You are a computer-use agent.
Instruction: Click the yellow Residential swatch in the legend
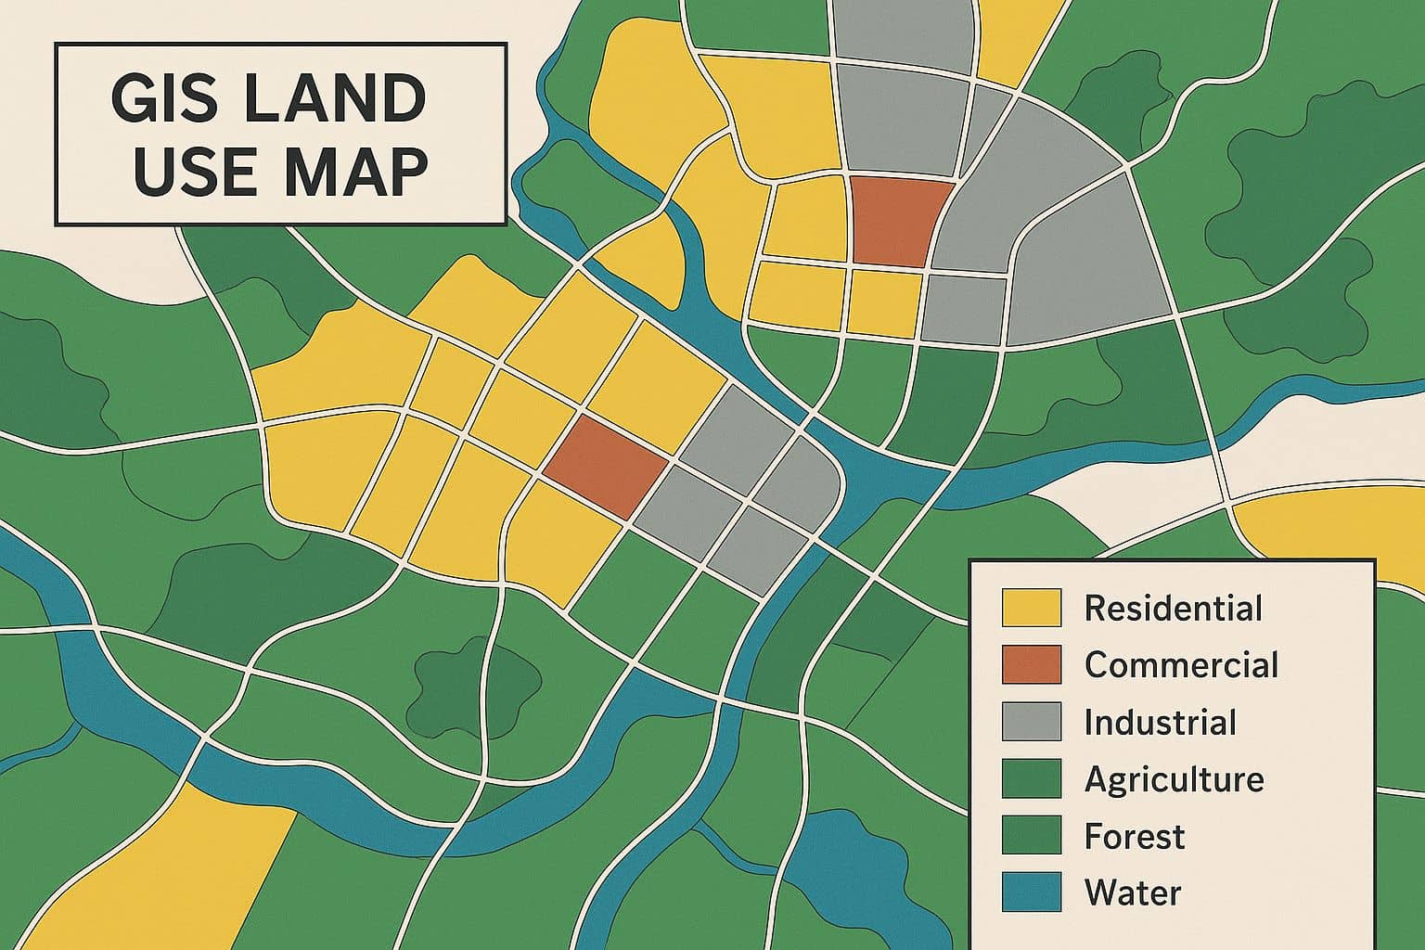[x=1031, y=609]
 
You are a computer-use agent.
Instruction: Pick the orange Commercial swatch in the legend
[x=1031, y=665]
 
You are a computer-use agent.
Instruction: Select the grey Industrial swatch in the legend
[x=1031, y=723]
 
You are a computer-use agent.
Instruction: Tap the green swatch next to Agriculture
[x=1031, y=779]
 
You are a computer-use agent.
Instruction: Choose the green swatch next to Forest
[x=1031, y=836]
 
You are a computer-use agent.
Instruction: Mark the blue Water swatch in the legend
[x=1031, y=893]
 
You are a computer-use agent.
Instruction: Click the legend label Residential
[x=1173, y=609]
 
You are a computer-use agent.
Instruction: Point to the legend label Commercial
[x=1181, y=665]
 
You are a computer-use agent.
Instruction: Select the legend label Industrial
[x=1160, y=723]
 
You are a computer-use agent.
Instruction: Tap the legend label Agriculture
[x=1174, y=779]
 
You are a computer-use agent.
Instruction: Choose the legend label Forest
[x=1134, y=836]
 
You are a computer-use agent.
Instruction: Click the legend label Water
[x=1132, y=893]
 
